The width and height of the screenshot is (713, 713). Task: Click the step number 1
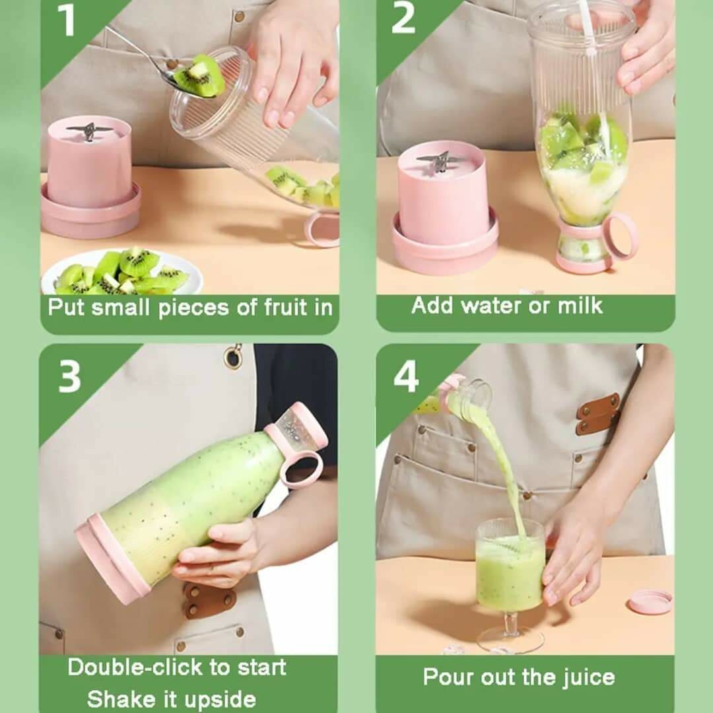click(67, 21)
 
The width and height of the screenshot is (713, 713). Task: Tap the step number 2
click(403, 19)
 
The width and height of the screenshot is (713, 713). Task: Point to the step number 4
click(406, 377)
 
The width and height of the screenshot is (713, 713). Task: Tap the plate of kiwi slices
click(121, 271)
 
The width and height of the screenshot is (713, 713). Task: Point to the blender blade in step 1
click(89, 130)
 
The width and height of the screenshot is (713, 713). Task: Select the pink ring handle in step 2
click(620, 236)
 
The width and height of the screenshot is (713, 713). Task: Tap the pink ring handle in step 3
click(301, 468)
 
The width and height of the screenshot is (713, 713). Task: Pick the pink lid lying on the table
click(650, 601)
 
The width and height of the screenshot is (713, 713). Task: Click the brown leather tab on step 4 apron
click(598, 414)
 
